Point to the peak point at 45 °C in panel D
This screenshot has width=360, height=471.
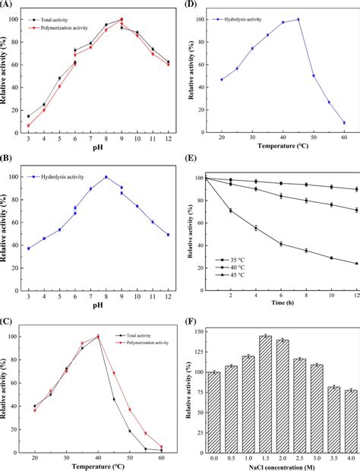[x=298, y=20]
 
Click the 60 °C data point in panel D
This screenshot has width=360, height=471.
[x=343, y=122]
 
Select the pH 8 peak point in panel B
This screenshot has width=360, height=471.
[x=106, y=177]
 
